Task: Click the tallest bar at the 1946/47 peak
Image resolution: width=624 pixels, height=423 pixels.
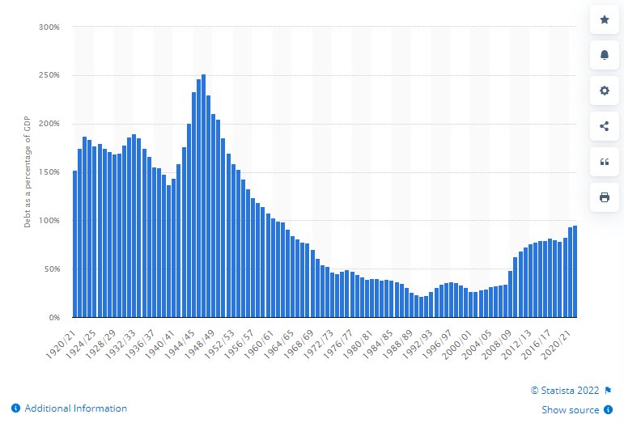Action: [x=203, y=195]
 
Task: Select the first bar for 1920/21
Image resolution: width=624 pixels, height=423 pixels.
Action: [x=75, y=243]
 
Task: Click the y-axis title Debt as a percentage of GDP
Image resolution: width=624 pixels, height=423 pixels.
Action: [x=27, y=172]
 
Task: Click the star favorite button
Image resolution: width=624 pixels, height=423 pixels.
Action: [x=604, y=19]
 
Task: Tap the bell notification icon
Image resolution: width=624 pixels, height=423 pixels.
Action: [x=604, y=54]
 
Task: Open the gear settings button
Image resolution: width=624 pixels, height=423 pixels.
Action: [x=604, y=90]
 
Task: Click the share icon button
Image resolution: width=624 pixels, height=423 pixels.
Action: [x=604, y=125]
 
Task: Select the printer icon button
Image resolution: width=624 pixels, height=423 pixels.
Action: [x=604, y=197]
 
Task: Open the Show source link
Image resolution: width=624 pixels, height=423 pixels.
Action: [x=571, y=410]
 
